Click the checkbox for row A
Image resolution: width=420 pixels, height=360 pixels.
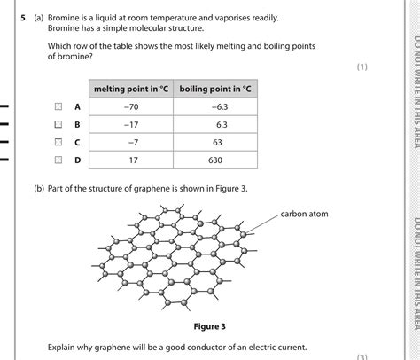(x=58, y=107)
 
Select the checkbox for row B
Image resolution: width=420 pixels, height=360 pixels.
(x=58, y=125)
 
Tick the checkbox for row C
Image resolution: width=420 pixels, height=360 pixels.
(x=58, y=142)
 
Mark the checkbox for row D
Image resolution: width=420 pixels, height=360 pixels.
(x=58, y=160)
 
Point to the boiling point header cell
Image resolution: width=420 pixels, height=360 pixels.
(x=216, y=89)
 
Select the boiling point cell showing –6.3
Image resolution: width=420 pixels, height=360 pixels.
(x=216, y=107)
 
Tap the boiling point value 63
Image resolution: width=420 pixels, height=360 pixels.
(x=216, y=142)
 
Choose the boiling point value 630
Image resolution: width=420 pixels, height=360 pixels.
(x=216, y=160)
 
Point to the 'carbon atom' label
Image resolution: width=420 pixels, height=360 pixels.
(x=304, y=214)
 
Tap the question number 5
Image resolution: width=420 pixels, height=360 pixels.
(x=23, y=18)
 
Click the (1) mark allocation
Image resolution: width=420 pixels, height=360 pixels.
(x=361, y=67)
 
